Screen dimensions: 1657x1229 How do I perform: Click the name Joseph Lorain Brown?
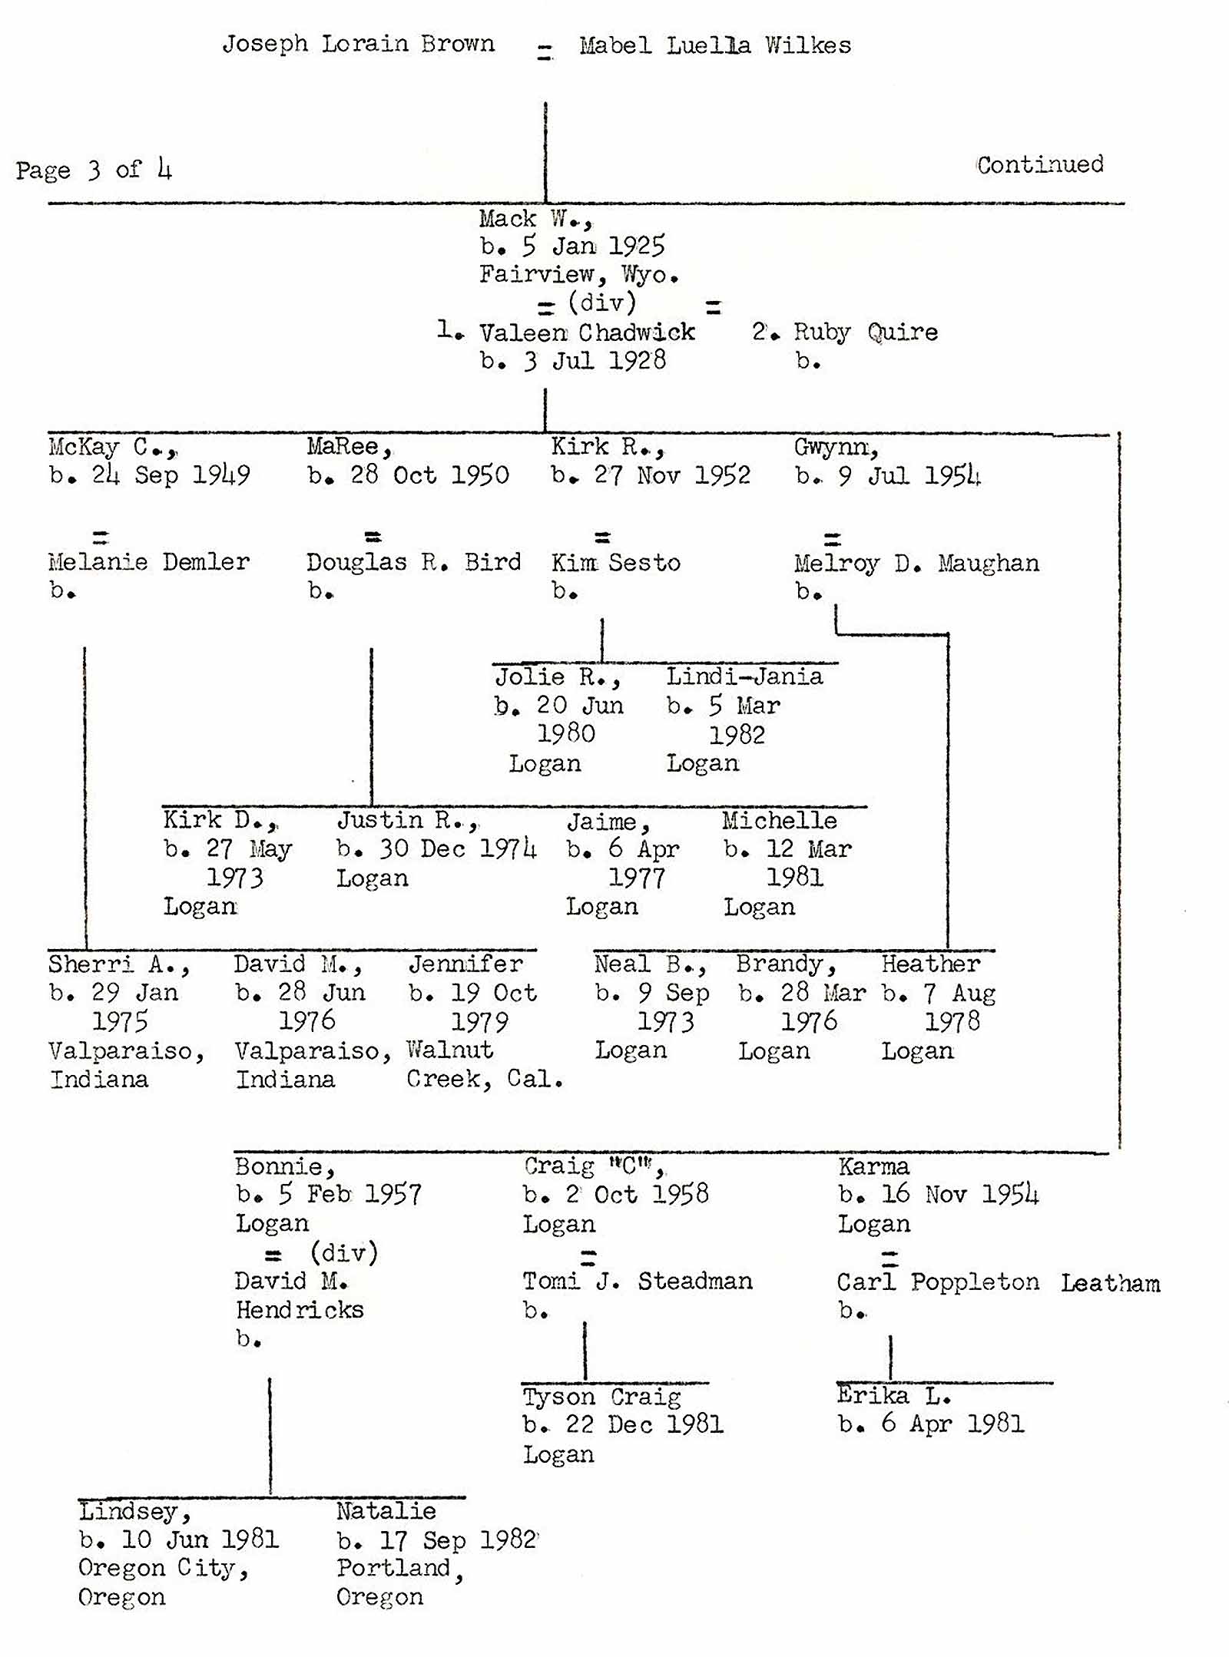tap(358, 44)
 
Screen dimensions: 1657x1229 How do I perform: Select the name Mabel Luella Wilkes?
tap(715, 45)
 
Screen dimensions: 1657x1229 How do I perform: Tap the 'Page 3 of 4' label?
tap(94, 169)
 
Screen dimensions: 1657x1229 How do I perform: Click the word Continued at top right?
tap(1040, 164)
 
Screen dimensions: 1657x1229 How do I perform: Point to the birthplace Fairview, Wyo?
tap(579, 274)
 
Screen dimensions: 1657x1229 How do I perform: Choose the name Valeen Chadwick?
tap(587, 332)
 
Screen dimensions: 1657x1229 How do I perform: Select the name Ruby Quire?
tap(865, 332)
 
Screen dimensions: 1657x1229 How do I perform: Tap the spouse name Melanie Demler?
tap(149, 562)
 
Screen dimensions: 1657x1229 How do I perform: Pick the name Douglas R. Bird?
tap(413, 562)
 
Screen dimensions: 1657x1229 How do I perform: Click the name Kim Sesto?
tap(616, 563)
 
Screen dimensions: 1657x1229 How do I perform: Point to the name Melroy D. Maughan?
tap(916, 564)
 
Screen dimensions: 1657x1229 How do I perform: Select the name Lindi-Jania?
tap(744, 676)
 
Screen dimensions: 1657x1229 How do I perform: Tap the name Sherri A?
tap(118, 964)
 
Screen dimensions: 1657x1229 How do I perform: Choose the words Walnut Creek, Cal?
tap(484, 1065)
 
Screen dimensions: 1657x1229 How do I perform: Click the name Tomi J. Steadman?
tap(638, 1282)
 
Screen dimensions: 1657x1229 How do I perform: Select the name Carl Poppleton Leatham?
tap(998, 1282)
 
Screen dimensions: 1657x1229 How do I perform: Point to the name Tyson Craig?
tap(601, 1397)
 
